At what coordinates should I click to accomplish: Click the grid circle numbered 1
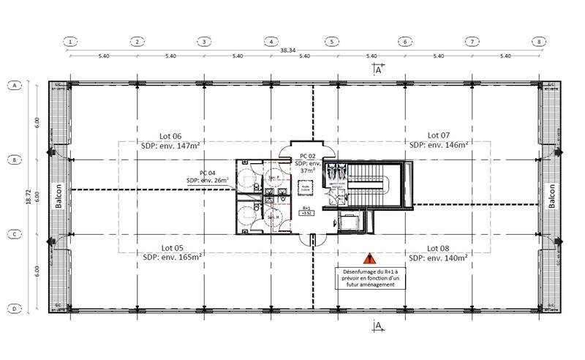click(70, 42)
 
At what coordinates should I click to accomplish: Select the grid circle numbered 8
click(540, 42)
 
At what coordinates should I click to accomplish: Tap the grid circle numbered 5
click(331, 42)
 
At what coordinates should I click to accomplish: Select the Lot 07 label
click(439, 135)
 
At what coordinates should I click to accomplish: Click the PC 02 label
click(309, 157)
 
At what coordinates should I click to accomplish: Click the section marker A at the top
click(378, 70)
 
